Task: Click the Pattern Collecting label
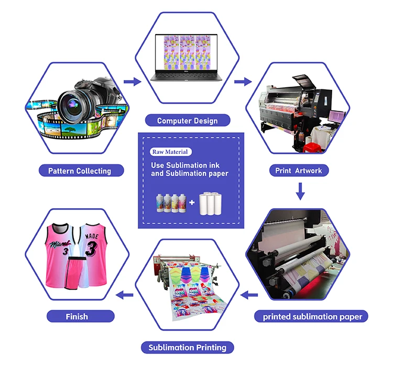[x=80, y=171]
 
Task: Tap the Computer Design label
[x=187, y=121]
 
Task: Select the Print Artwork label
[x=299, y=171]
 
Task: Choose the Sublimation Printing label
[x=187, y=347]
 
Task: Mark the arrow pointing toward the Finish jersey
[x=123, y=295]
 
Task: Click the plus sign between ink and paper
[x=192, y=201]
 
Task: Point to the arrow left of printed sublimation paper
[x=249, y=295]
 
